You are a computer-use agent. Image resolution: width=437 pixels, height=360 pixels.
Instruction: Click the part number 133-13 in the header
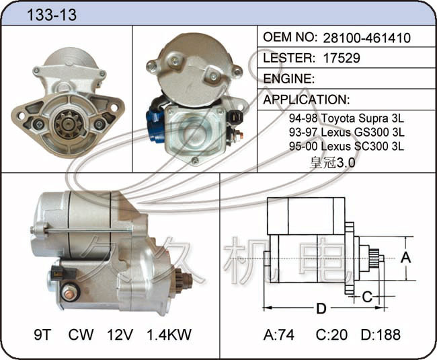coord(52,15)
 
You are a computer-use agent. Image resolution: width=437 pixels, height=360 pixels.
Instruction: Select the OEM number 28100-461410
coord(367,38)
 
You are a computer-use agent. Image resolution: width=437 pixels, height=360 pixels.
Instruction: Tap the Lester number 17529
coord(342,58)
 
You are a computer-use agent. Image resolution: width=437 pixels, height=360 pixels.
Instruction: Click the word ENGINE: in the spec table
coord(288,79)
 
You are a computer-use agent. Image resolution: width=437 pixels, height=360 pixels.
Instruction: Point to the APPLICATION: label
coord(307,100)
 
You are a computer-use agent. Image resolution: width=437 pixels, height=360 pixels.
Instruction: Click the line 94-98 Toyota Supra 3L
coord(346,118)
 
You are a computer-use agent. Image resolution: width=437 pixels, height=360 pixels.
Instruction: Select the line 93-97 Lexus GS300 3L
coord(346,132)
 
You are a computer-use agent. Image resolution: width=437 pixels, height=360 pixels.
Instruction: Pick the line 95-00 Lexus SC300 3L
coord(346,146)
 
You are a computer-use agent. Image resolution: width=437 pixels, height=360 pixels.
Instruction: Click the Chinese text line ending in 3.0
coord(332,163)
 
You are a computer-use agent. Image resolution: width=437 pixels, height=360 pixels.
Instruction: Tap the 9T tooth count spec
coord(43,334)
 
